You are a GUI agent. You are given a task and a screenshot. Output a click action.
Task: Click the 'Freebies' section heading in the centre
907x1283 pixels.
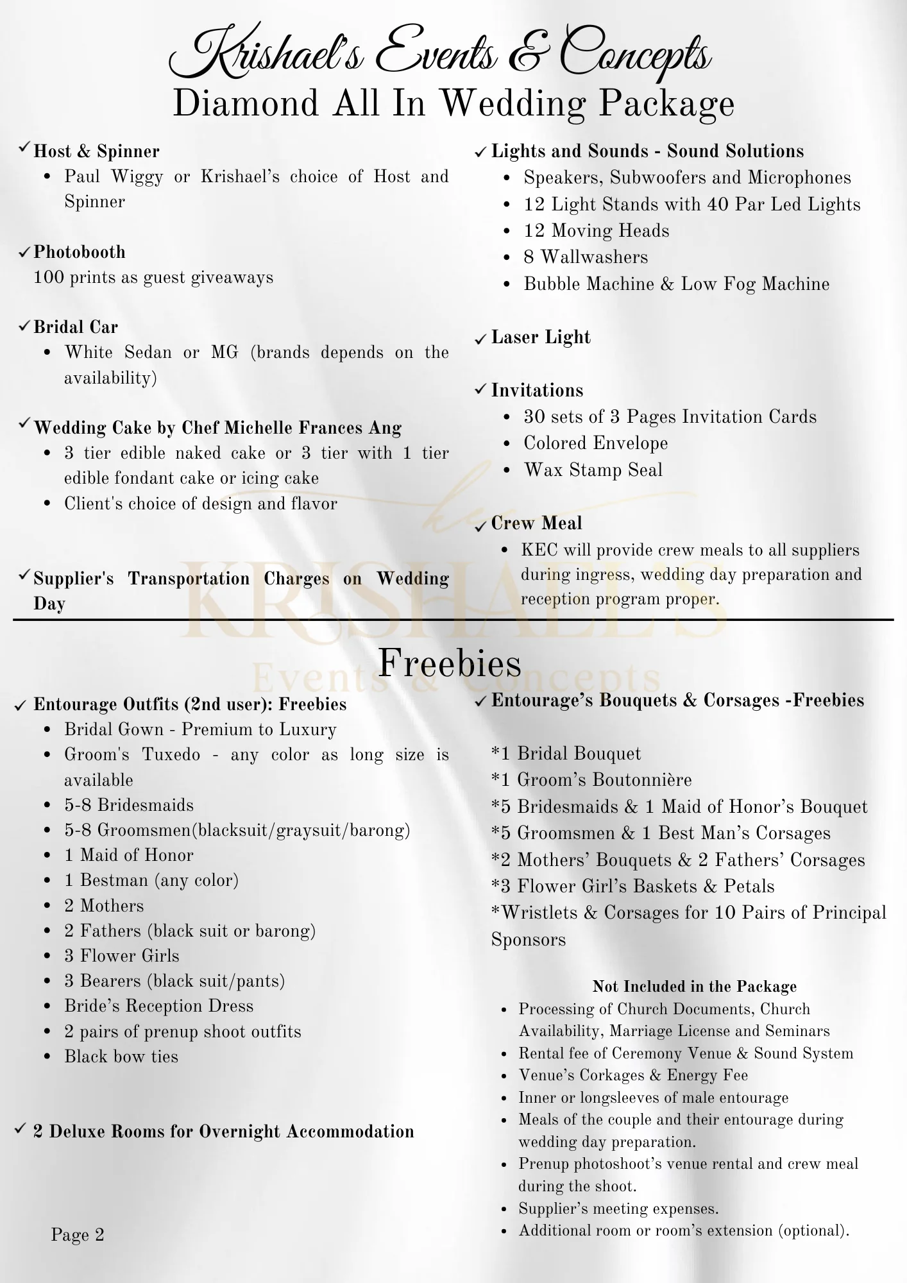450,663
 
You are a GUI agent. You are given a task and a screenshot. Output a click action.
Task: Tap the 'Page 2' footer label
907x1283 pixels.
78,1235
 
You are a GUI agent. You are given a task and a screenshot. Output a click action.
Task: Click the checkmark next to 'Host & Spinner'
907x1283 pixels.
24,148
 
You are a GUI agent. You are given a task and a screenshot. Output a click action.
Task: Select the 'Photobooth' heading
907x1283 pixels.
80,252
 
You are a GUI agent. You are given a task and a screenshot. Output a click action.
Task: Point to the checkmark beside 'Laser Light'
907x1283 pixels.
480,339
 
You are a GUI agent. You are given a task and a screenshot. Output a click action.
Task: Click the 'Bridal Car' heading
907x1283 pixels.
76,327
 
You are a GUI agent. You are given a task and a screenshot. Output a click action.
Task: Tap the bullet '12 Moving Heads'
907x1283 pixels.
596,231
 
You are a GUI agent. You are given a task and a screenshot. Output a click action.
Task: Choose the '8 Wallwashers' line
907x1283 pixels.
586,257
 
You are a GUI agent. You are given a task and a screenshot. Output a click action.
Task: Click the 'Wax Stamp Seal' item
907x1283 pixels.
593,470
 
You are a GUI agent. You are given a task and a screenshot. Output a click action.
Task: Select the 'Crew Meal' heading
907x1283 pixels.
536,523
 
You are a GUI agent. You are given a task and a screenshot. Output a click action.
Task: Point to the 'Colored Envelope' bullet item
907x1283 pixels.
595,443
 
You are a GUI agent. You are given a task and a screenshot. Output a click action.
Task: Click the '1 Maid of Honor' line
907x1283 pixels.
128,855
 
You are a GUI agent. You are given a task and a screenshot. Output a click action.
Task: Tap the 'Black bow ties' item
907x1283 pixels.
121,1057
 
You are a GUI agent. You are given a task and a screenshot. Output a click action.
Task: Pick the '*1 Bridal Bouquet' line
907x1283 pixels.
566,754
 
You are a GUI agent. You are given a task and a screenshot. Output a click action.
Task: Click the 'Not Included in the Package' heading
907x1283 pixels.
694,987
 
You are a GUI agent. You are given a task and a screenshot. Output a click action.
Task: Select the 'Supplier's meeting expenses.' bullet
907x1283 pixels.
618,1209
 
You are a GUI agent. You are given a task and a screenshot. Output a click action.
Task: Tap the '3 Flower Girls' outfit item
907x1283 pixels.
121,956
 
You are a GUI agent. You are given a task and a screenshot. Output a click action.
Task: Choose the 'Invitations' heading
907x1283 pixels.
537,391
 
